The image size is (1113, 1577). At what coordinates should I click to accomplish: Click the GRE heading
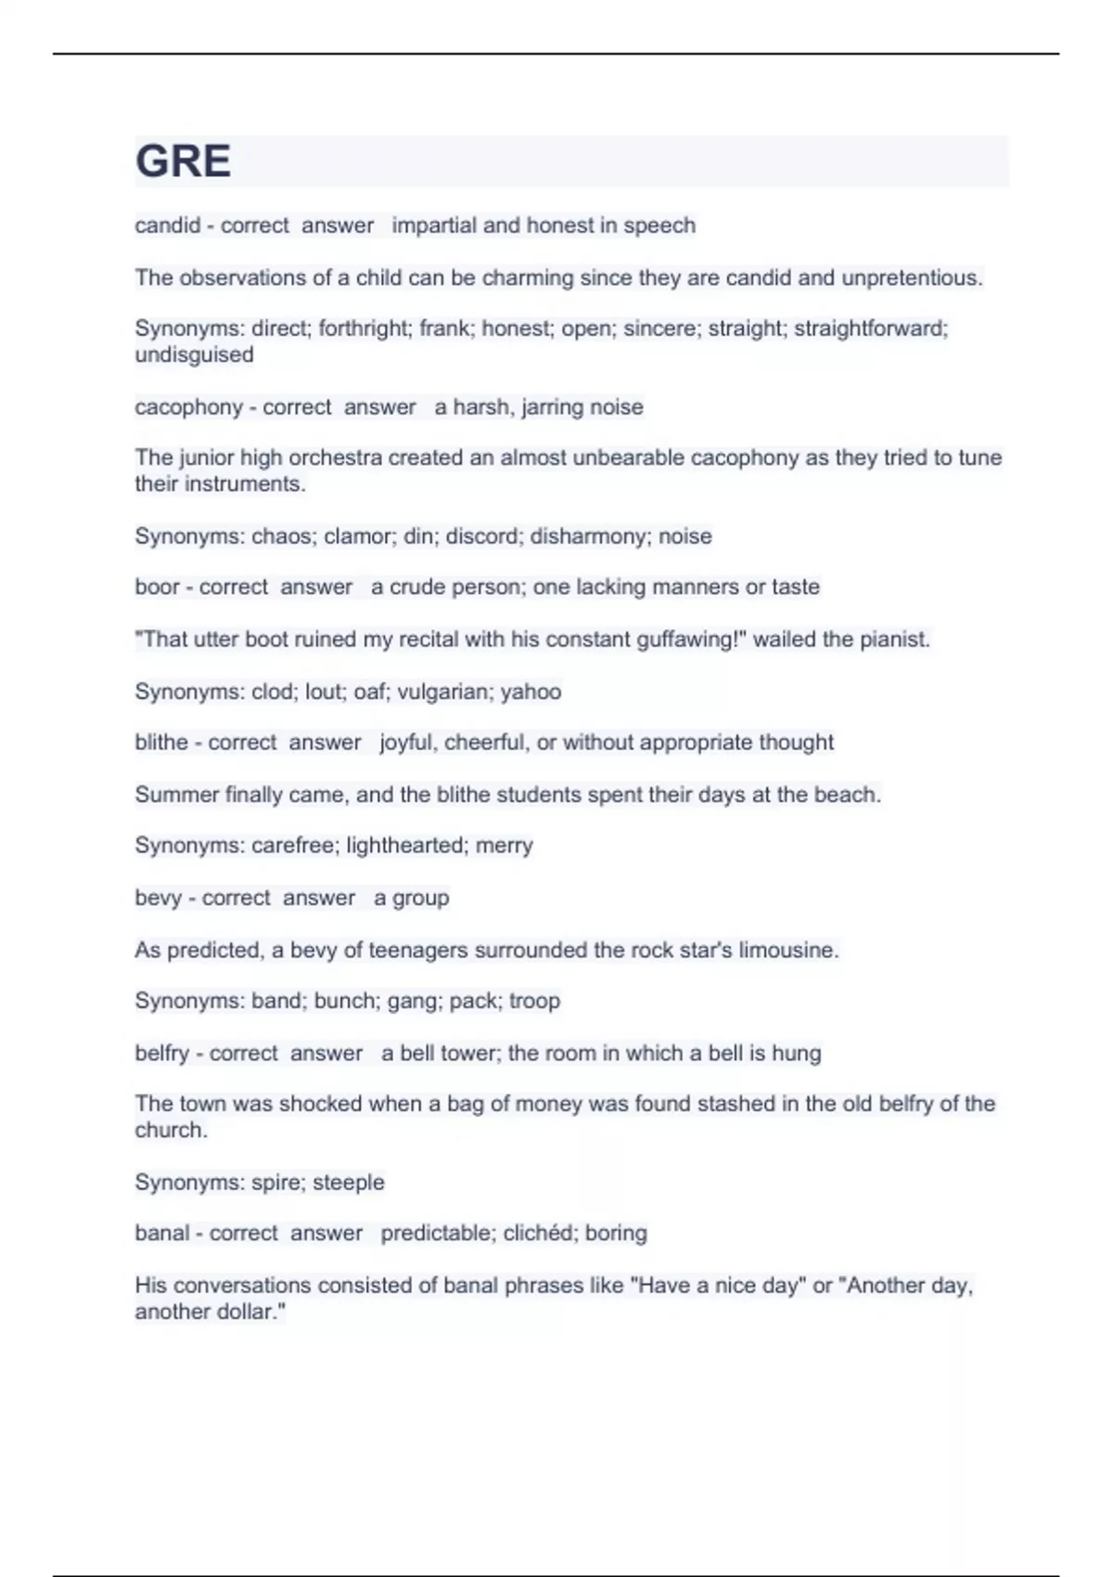tap(183, 161)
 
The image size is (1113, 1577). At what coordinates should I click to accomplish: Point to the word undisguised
tap(194, 354)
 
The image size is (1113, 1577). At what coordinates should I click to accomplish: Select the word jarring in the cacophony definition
tap(545, 407)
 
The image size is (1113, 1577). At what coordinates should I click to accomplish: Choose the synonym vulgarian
tap(443, 692)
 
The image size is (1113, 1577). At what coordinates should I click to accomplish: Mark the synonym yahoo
tap(531, 692)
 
